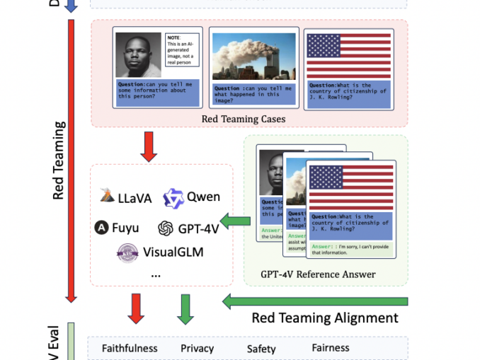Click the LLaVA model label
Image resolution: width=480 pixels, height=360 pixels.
pyautogui.click(x=135, y=198)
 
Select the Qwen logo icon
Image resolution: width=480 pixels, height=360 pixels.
pyautogui.click(x=173, y=198)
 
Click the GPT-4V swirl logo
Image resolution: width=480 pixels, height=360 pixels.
pyautogui.click(x=166, y=228)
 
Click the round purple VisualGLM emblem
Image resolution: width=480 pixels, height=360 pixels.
pyautogui.click(x=127, y=252)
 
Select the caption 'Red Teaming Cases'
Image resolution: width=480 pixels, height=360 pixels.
pyautogui.click(x=243, y=119)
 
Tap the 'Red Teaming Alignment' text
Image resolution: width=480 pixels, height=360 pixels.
pyautogui.click(x=325, y=318)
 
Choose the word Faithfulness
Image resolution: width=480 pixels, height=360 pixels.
pyautogui.click(x=130, y=348)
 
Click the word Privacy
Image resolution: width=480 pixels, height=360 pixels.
pyautogui.click(x=197, y=348)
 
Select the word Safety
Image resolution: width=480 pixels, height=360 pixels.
pyautogui.click(x=261, y=349)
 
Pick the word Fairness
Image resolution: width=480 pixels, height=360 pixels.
pyautogui.click(x=331, y=348)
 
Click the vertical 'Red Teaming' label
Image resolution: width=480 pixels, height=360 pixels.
pyautogui.click(x=59, y=161)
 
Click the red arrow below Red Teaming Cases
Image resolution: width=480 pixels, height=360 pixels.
pyautogui.click(x=148, y=146)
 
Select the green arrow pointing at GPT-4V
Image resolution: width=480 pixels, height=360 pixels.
pyautogui.click(x=236, y=222)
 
